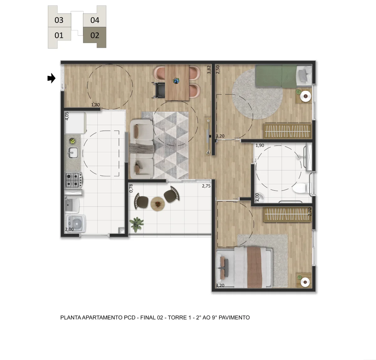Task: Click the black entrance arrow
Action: pyautogui.click(x=51, y=78)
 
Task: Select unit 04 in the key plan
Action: pyautogui.click(x=95, y=20)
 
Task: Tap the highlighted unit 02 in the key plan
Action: pyautogui.click(x=95, y=35)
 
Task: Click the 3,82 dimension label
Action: pyautogui.click(x=209, y=70)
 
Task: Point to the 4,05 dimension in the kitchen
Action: pyautogui.click(x=67, y=116)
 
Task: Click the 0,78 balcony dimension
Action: pyautogui.click(x=131, y=188)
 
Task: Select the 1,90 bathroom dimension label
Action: pyautogui.click(x=260, y=145)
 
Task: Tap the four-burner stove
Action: pyautogui.click(x=74, y=180)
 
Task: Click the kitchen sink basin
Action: pyautogui.click(x=73, y=153)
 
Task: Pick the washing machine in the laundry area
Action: pyautogui.click(x=76, y=224)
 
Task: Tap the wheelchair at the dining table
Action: pyautogui.click(x=159, y=90)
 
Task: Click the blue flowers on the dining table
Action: pyautogui.click(x=176, y=81)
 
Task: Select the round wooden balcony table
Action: pyautogui.click(x=158, y=204)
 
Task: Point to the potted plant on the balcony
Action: pyautogui.click(x=136, y=224)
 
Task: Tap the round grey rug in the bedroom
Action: pyautogui.click(x=257, y=94)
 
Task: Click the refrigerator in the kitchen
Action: pyautogui.click(x=75, y=123)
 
